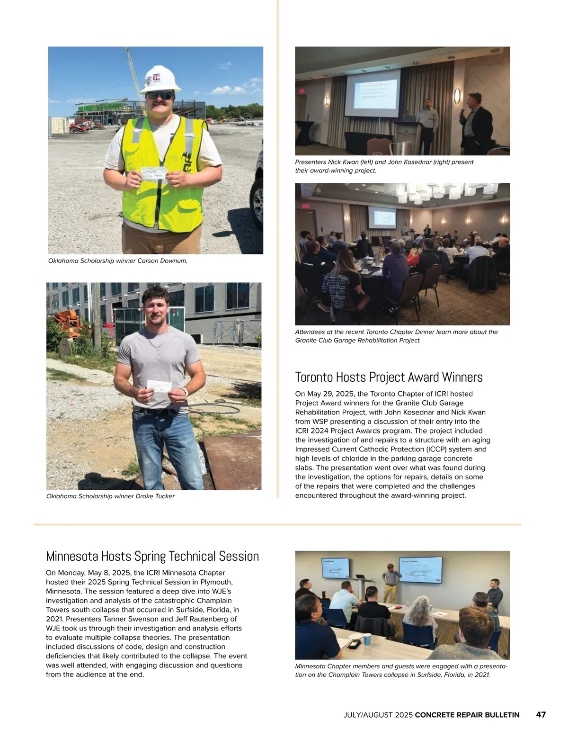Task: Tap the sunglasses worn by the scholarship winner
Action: (160, 95)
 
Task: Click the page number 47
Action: (541, 715)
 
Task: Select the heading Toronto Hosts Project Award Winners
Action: (389, 377)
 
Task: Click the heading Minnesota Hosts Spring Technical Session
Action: (152, 556)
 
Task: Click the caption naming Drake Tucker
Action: (110, 496)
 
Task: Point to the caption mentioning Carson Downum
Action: (118, 261)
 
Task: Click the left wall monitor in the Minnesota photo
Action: (336, 567)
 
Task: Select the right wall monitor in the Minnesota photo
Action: (420, 568)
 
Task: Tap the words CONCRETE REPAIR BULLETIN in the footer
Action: (467, 715)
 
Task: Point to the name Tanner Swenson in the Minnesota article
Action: (107, 619)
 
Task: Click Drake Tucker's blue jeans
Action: (167, 448)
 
